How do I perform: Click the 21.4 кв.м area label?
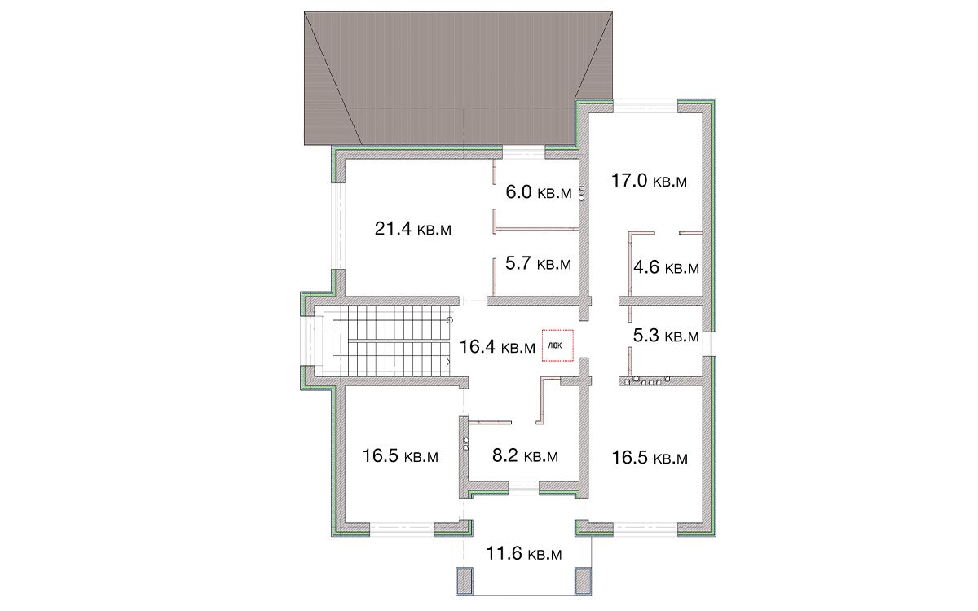(412, 229)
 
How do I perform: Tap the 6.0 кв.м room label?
(539, 192)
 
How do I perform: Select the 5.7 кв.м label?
(539, 264)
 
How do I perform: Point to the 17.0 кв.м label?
(650, 180)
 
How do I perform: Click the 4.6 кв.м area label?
(667, 267)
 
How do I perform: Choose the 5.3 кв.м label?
(667, 336)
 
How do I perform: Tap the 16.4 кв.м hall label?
(497, 347)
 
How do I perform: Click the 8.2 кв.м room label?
(525, 455)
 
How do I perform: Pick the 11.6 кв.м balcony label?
(524, 553)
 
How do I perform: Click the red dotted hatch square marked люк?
(557, 345)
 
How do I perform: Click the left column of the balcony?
(465, 581)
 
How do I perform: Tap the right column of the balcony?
(583, 581)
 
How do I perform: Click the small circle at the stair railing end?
(450, 320)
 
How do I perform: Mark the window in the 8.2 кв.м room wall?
(523, 488)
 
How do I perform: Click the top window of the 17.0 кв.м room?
(645, 106)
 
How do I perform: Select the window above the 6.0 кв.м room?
(523, 152)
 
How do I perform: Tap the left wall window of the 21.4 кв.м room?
(337, 226)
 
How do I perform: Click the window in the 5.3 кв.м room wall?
(709, 344)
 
